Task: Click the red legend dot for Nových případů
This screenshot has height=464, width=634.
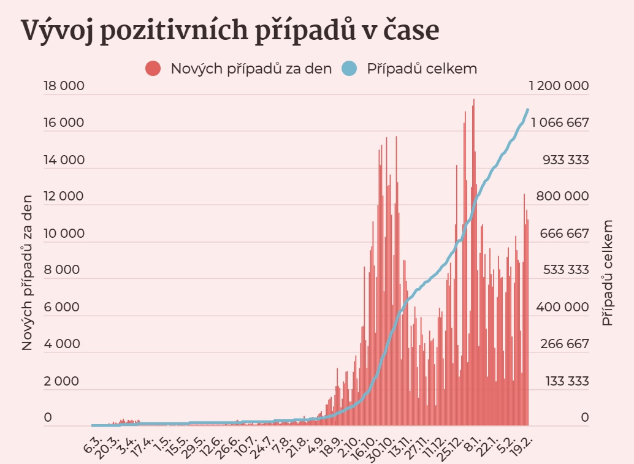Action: pyautogui.click(x=153, y=69)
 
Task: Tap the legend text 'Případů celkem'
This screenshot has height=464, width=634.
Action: pyautogui.click(x=422, y=69)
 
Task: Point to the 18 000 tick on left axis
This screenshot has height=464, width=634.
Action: pyautogui.click(x=63, y=86)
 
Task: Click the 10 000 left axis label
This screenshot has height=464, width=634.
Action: pyautogui.click(x=63, y=234)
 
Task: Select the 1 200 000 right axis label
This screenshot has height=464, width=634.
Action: pyautogui.click(x=559, y=86)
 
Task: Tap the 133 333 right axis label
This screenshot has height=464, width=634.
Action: pyautogui.click(x=567, y=381)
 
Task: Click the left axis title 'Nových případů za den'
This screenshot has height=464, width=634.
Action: pyautogui.click(x=27, y=270)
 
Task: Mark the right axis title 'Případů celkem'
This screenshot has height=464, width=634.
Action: pyautogui.click(x=607, y=273)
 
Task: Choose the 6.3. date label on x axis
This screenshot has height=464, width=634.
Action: pyautogui.click(x=93, y=443)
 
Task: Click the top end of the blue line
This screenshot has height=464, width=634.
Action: pyautogui.click(x=528, y=109)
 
